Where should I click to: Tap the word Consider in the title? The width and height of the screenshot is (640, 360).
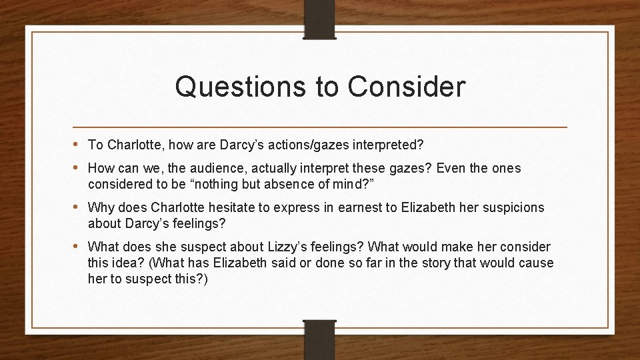(406, 87)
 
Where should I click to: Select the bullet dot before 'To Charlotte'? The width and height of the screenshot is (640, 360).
(78, 144)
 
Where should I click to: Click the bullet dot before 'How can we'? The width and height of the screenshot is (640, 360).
(78, 168)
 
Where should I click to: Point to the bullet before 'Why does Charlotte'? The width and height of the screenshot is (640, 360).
(78, 207)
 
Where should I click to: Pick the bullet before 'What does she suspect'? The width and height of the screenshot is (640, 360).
(78, 246)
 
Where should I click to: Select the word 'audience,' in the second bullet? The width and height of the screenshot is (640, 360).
(203, 169)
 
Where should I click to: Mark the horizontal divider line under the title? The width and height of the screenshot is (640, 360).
(320, 126)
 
